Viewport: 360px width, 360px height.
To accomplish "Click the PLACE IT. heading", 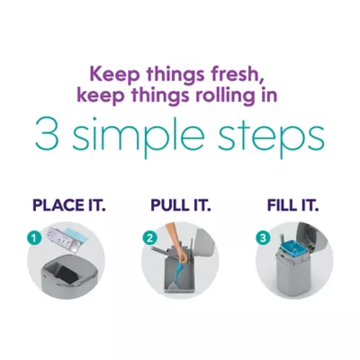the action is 69,206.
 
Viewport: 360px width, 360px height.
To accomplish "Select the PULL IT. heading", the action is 181,206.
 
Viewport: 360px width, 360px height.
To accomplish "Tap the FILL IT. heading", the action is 292,206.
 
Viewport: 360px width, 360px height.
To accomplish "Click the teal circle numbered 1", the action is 36,239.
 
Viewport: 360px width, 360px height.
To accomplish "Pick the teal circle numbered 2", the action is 149,238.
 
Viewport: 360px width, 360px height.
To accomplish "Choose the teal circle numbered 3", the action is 263,238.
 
